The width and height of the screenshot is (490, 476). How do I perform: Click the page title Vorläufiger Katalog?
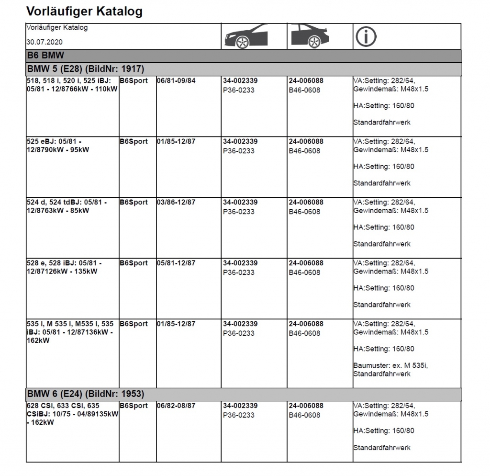[x=84, y=11]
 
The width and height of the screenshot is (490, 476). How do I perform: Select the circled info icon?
[x=365, y=36]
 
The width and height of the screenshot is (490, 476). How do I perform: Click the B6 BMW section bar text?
[x=45, y=56]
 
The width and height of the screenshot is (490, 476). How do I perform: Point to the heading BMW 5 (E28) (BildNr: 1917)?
[x=85, y=69]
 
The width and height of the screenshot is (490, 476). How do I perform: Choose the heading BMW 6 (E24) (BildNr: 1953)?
[x=85, y=394]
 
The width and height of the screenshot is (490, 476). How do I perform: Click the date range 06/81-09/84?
[x=176, y=81]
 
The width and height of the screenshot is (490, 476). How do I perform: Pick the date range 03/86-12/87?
[x=176, y=203]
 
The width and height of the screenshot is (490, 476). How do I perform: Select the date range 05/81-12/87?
[x=176, y=263]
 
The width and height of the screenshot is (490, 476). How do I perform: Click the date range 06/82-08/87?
[x=176, y=406]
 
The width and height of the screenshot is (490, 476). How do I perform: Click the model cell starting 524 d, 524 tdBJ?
[x=66, y=206]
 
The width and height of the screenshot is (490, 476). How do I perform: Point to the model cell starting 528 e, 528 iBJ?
[x=64, y=267]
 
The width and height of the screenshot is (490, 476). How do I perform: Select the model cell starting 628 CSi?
[x=72, y=414]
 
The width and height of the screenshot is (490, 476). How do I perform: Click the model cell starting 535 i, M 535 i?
[x=70, y=332]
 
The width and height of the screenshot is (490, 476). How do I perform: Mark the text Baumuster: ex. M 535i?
[x=390, y=366]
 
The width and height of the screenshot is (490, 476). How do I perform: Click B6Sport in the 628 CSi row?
[x=134, y=406]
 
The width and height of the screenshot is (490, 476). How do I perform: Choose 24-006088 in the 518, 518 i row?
[x=306, y=81]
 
